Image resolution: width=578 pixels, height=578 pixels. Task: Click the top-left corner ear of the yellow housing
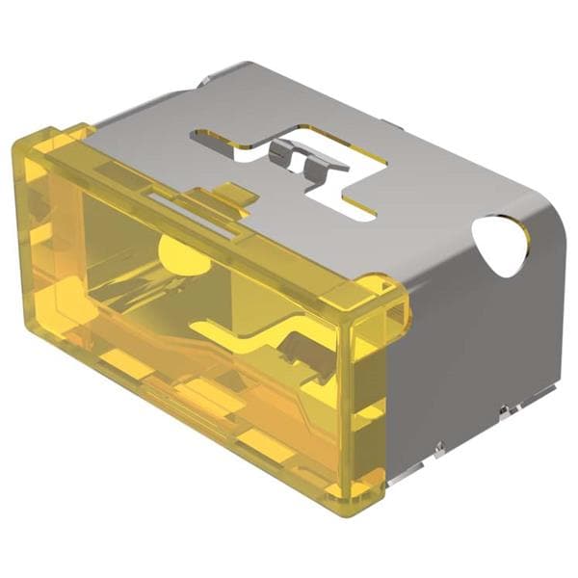click(58, 135)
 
